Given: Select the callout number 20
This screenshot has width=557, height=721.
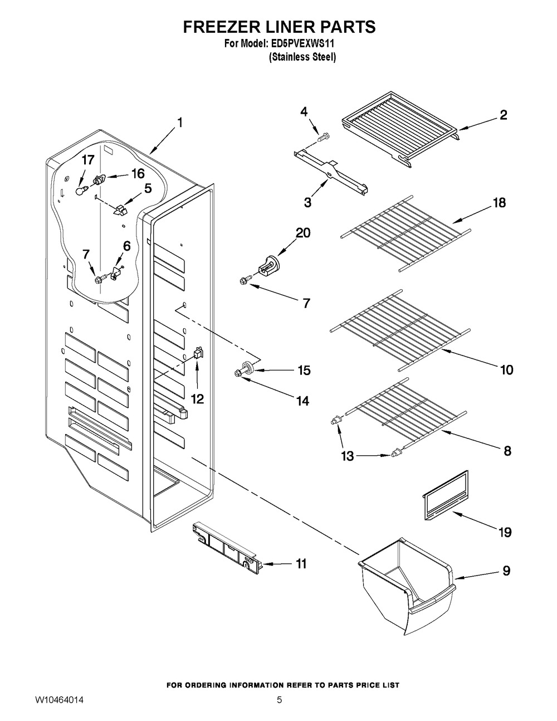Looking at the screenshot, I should [303, 233].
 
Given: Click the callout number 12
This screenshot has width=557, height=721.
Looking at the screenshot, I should [197, 398].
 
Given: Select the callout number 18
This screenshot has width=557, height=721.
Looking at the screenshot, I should [499, 203].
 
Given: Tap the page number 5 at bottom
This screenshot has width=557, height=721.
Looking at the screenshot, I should [279, 699].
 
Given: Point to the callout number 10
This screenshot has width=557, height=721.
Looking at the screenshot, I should [506, 369].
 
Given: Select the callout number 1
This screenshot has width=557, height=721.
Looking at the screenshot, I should [180, 122].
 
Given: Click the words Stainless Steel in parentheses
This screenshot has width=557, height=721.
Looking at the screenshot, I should [302, 57].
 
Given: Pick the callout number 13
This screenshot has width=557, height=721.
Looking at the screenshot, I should [347, 456].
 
